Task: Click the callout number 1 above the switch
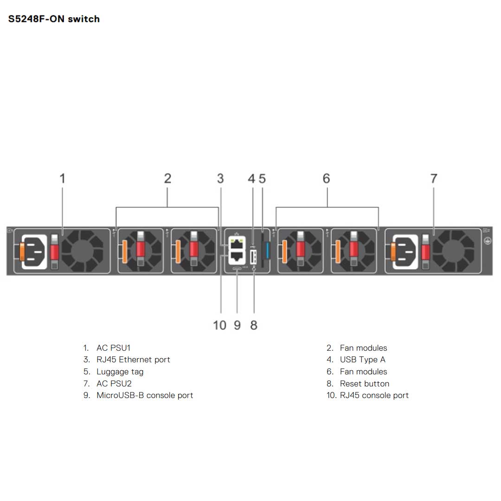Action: tap(63, 178)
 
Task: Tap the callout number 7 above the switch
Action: tap(434, 178)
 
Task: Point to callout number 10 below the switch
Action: tap(219, 325)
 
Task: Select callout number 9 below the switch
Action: tap(237, 325)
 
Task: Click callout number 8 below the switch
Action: tap(254, 325)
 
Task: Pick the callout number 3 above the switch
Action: tap(220, 178)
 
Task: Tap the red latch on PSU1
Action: tap(55, 252)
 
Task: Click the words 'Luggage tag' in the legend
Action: tap(120, 372)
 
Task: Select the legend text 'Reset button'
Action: tap(364, 384)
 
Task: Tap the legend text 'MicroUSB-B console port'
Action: tap(145, 395)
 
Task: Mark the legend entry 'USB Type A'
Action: tap(362, 360)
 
